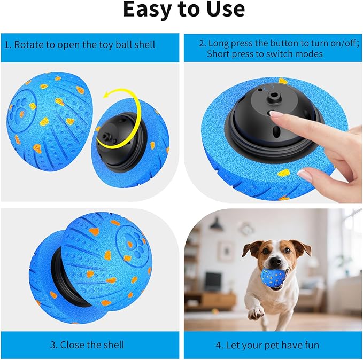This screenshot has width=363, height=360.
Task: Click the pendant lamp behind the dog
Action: point(216,226)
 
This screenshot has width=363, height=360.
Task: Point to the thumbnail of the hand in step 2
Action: point(304,174)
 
